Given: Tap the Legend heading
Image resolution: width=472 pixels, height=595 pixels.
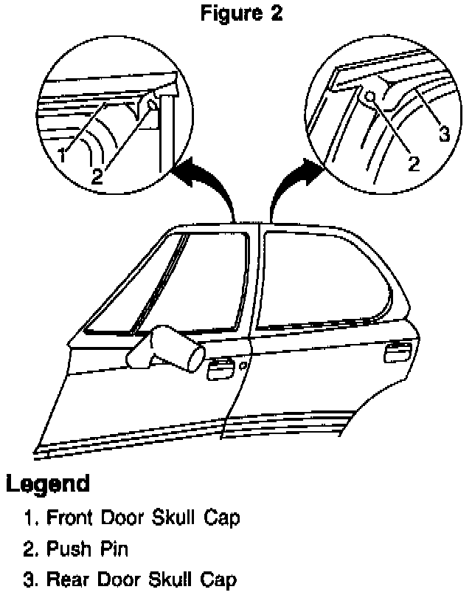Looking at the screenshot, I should click(49, 484).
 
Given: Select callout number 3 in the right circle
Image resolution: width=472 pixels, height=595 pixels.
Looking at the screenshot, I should click(444, 134).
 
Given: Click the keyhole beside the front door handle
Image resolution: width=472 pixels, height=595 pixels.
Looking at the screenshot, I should click(244, 365).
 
